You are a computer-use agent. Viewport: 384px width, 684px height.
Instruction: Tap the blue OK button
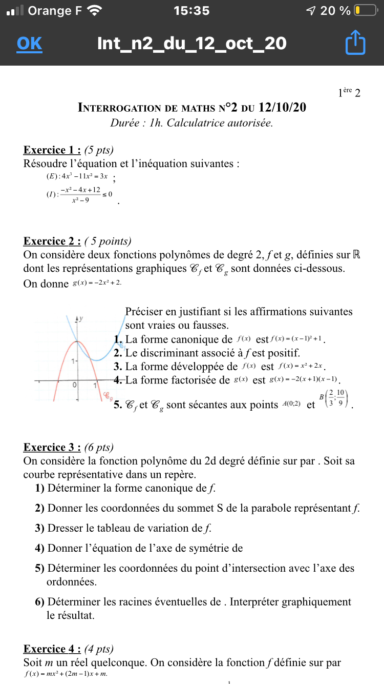[x=29, y=44]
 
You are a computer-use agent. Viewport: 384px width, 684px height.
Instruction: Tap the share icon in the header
[x=355, y=43]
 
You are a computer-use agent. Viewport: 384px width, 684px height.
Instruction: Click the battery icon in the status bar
[x=365, y=10]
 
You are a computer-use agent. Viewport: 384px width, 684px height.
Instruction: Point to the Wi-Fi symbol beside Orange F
[x=95, y=10]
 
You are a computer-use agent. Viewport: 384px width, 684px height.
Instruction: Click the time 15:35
[x=191, y=10]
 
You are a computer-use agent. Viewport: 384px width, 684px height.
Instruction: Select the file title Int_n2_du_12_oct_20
[x=191, y=44]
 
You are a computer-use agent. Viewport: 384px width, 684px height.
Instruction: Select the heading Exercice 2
[x=52, y=241]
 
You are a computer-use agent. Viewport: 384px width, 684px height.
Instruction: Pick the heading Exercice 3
[x=52, y=447]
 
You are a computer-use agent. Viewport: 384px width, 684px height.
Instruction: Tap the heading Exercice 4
[x=52, y=649]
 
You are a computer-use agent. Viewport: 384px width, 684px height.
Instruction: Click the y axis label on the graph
[x=81, y=318]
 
